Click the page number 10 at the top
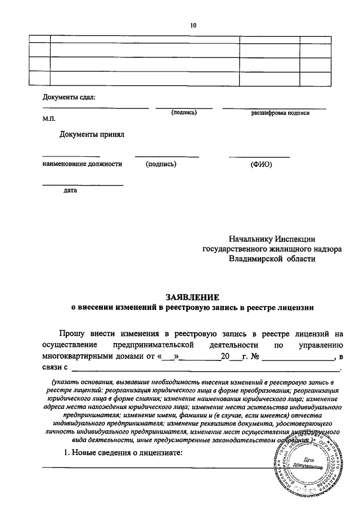pos(193,25)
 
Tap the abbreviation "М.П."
pos(48,119)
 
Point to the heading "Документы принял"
pos(91,134)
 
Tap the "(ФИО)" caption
pos(260,165)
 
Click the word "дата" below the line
pos(70,191)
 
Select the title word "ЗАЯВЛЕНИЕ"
pos(192,297)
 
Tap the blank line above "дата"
pos(83,184)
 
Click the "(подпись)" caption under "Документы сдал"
pos(184,113)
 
